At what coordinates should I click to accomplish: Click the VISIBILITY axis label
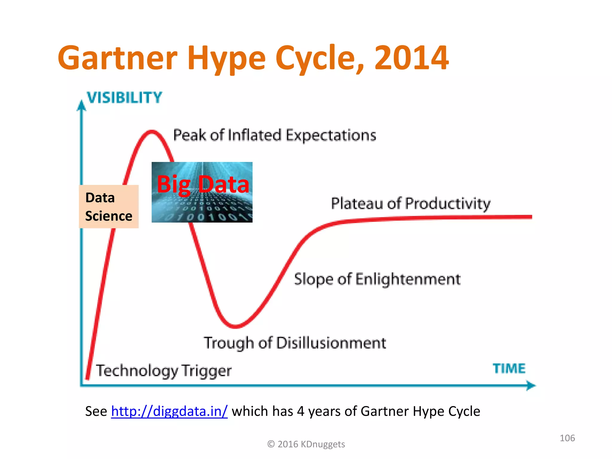coord(124,98)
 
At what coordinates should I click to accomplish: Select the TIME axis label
coord(509,368)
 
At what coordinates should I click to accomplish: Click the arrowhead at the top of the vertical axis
coord(81,105)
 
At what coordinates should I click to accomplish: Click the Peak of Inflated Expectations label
coord(274,135)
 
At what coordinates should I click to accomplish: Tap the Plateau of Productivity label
coord(411,204)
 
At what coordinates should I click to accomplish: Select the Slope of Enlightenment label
coord(377,279)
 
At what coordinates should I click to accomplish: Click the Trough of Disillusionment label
coord(295,343)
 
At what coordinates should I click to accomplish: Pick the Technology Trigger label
coord(164,371)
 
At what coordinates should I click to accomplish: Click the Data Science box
coord(109,207)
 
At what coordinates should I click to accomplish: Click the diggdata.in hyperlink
coord(169,411)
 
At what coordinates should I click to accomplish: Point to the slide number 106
coord(567,438)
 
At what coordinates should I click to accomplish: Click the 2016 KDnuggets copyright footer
coord(306,444)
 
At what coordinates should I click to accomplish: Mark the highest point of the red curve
coord(152,131)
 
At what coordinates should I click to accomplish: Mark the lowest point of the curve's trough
coord(236,327)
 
